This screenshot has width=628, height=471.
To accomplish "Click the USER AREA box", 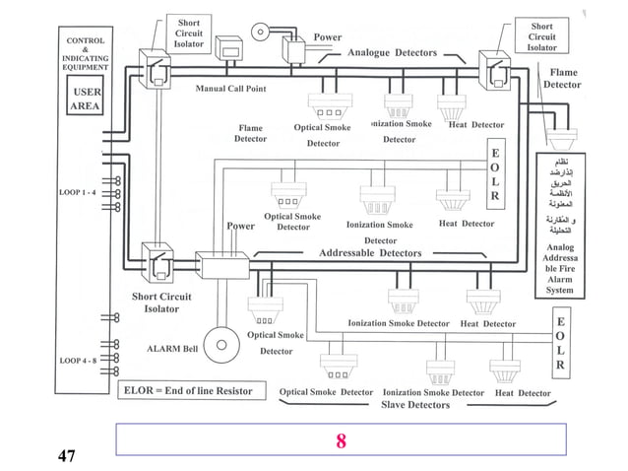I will [x=86, y=100].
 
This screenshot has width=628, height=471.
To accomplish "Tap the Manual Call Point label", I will [x=230, y=89].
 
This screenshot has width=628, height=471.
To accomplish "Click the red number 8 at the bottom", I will [x=341, y=440].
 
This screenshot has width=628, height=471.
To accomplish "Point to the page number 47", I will [x=66, y=455].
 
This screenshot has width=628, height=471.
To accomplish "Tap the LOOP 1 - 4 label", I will [x=78, y=191].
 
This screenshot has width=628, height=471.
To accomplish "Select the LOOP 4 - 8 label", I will [x=78, y=361].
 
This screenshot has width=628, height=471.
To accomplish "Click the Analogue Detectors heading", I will [x=392, y=52].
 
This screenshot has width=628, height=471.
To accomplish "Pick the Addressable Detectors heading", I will [x=370, y=253].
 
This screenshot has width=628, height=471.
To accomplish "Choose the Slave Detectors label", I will [x=414, y=405].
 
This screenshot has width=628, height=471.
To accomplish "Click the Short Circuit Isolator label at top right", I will [x=541, y=36].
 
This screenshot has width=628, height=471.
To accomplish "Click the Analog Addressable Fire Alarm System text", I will [x=559, y=269].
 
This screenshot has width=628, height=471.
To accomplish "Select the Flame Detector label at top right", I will [x=563, y=79].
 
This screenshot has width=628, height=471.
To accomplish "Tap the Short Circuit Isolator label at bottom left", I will [x=161, y=303].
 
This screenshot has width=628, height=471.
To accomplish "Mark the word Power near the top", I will [x=328, y=37].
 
